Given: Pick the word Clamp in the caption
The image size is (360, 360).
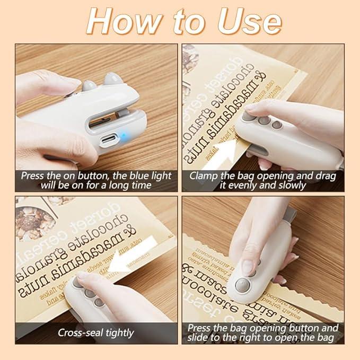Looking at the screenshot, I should tap(204, 175).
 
